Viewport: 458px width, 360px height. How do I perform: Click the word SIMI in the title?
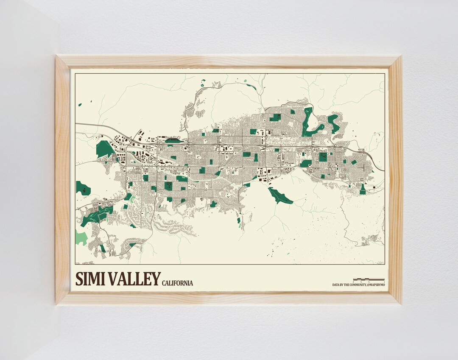tap(90, 279)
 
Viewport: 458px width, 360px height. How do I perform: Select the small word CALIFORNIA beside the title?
tap(177, 283)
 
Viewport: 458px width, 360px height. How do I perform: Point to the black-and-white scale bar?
tap(369, 279)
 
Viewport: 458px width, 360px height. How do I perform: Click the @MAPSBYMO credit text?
tap(373, 285)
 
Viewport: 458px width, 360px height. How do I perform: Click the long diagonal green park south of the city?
tap(280, 195)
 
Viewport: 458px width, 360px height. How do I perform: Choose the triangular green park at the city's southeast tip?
tap(363, 190)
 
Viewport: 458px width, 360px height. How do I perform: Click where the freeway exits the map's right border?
tap(383, 170)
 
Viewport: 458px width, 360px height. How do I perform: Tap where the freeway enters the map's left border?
tap(76, 124)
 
